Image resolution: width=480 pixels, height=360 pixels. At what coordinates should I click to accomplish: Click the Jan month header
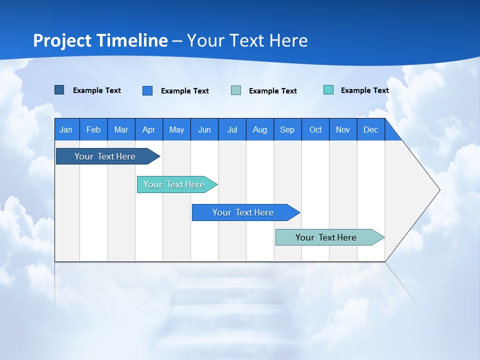coord(66,129)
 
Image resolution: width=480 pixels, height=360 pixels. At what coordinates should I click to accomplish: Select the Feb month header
coord(93,129)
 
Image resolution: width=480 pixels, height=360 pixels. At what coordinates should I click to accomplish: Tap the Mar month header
coord(121,129)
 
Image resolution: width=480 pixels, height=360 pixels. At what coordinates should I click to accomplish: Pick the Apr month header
coord(148,129)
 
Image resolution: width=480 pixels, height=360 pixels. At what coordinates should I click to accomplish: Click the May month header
coord(176,129)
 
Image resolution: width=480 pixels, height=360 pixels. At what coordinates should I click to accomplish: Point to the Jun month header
coord(204,129)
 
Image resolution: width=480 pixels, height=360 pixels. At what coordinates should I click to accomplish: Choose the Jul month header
coord(232,129)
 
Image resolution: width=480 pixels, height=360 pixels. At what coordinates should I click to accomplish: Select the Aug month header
coord(259,129)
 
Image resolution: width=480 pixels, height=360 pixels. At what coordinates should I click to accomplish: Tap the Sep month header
coord(287,129)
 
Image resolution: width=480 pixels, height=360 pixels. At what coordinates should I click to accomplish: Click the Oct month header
coord(315,129)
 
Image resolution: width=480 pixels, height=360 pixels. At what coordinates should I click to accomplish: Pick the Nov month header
coord(343,129)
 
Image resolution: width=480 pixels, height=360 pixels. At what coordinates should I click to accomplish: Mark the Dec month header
coord(370,129)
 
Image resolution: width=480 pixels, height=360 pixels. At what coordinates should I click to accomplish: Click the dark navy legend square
coord(59,90)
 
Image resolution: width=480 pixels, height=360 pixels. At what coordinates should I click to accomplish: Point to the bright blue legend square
coord(147,90)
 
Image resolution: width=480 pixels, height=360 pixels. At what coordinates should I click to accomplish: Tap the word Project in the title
coord(62,40)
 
